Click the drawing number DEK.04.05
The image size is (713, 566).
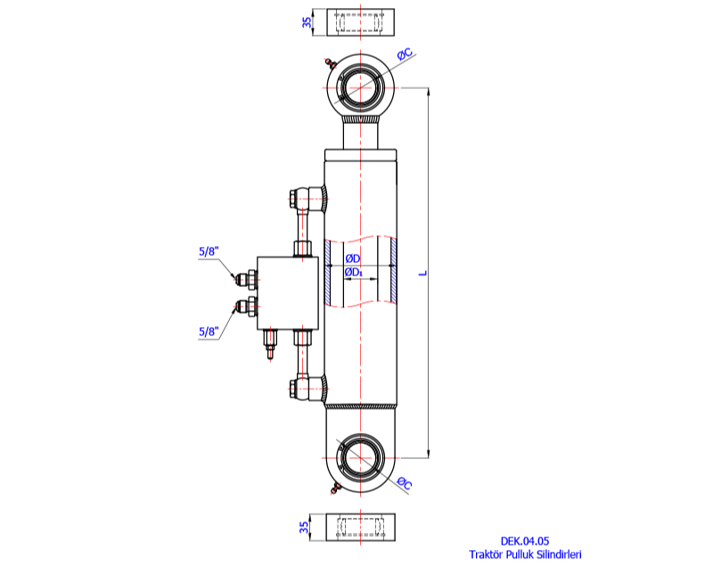524,540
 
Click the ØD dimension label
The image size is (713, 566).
352,258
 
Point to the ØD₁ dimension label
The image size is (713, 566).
353,272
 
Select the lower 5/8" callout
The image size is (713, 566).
208,332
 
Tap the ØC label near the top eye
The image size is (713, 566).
404,57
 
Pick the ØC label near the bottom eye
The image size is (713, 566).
404,484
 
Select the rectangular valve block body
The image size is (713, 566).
287,292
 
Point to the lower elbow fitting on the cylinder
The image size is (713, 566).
308,388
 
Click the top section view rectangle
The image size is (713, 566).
360,22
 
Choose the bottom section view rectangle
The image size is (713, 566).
360,528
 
